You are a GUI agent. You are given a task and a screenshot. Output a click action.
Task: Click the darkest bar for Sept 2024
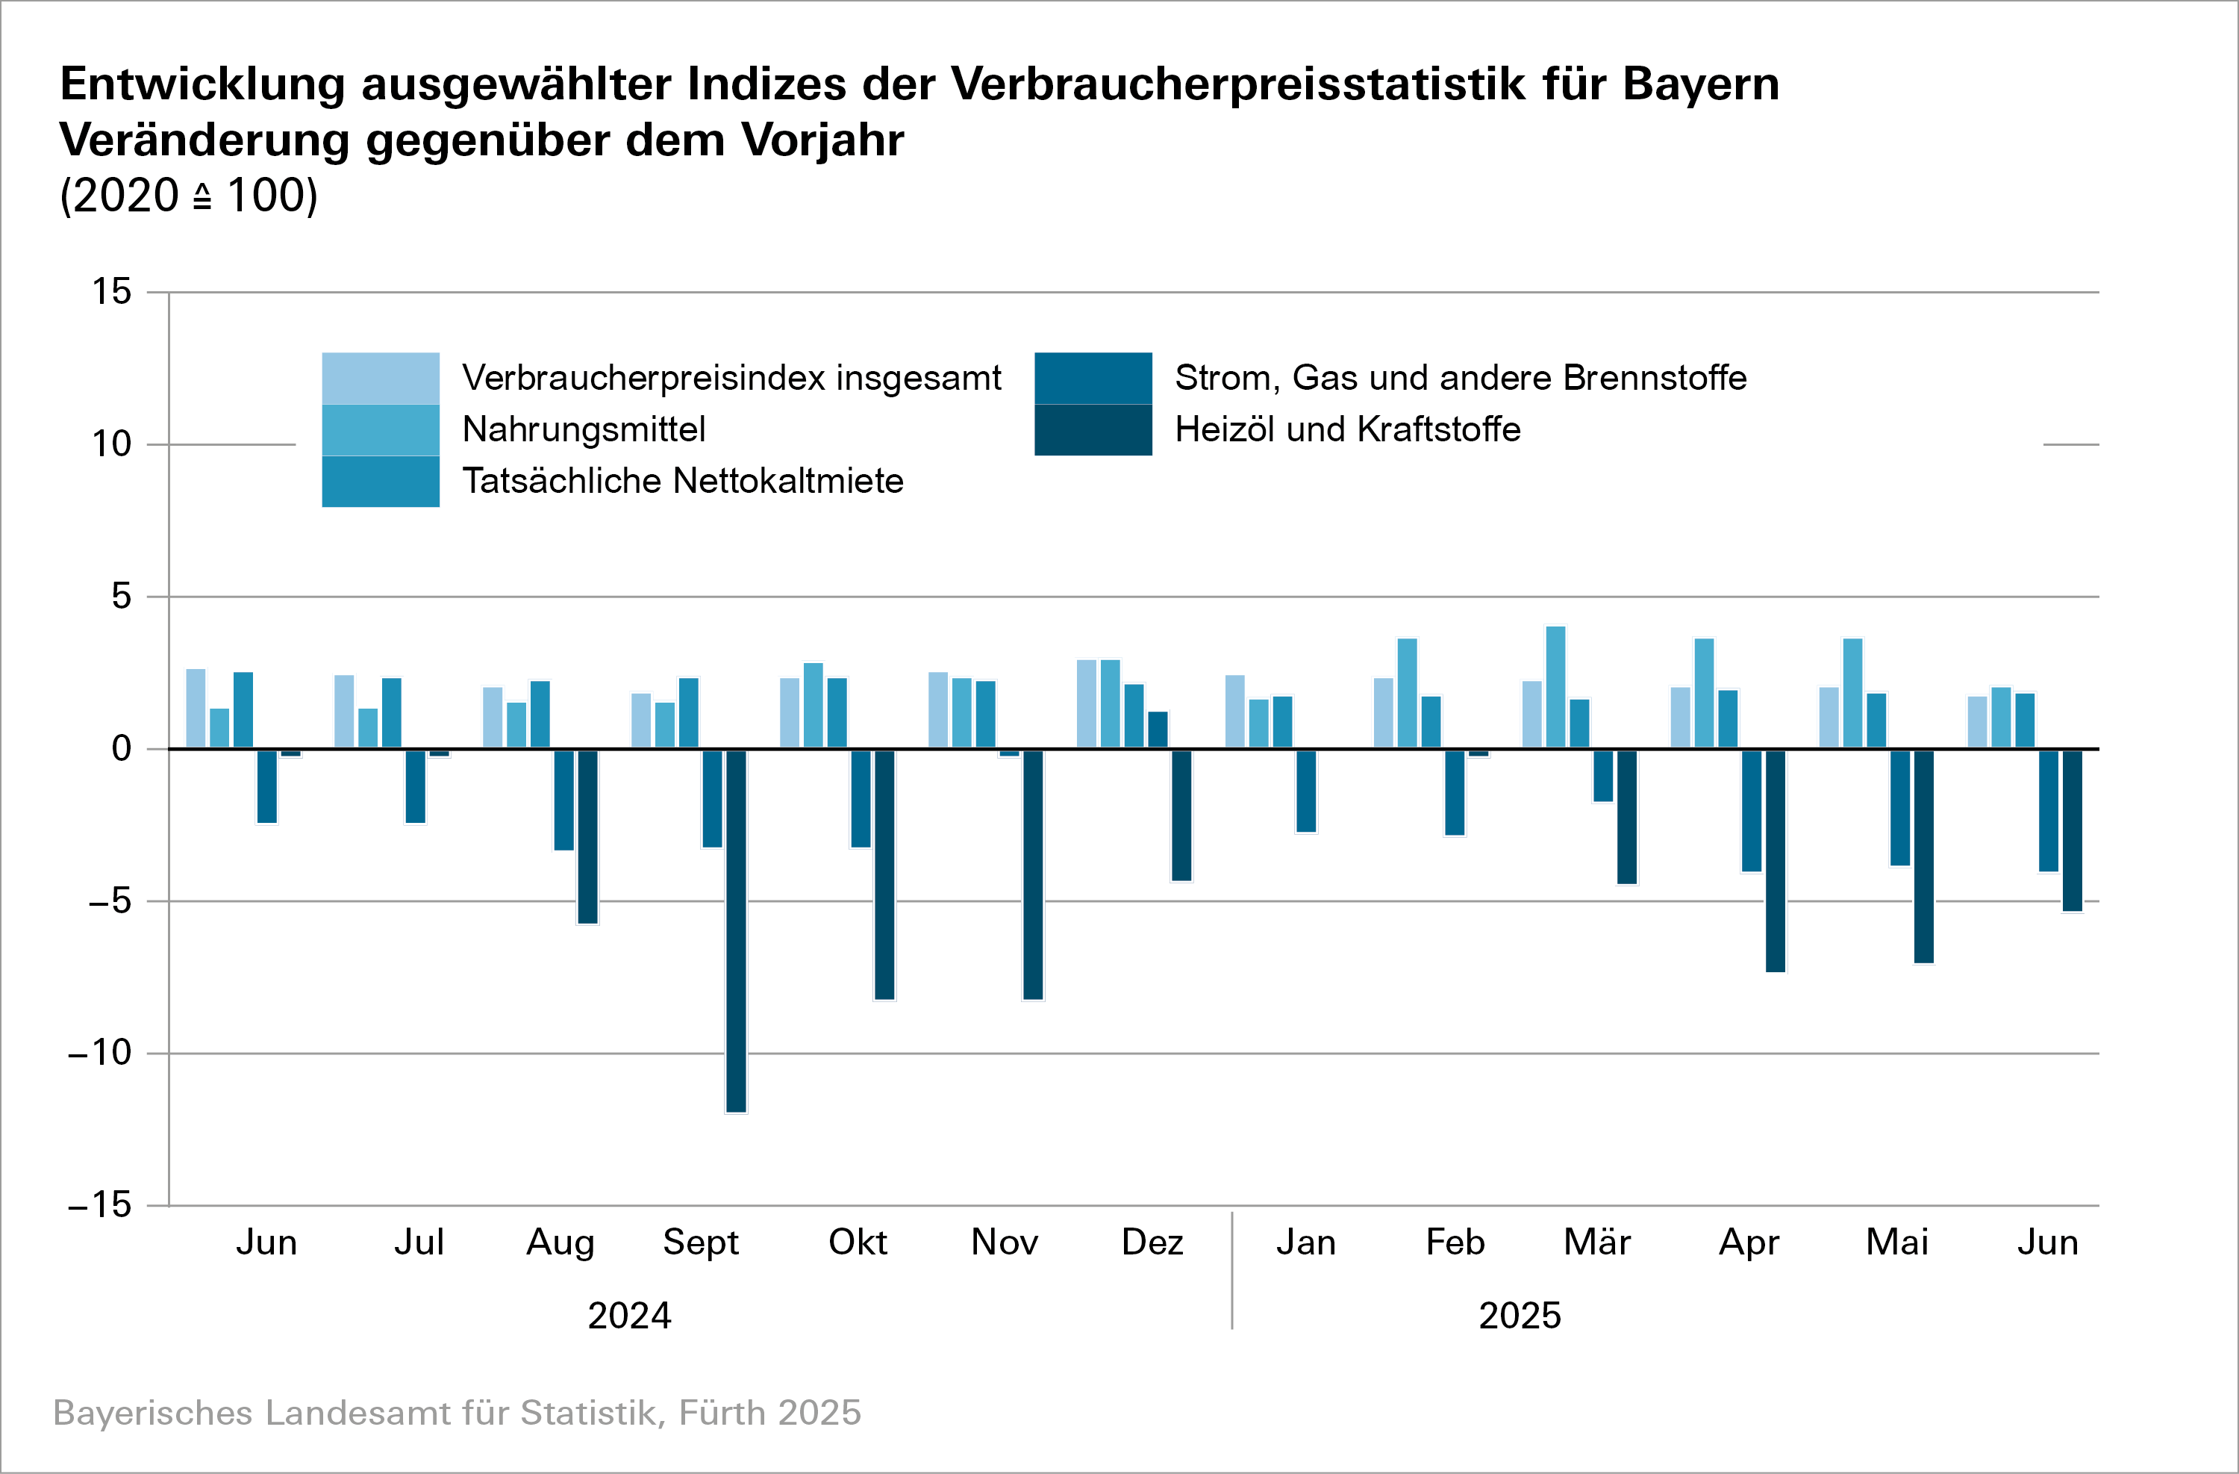point(736,930)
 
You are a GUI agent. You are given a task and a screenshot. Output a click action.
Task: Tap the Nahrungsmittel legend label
point(584,429)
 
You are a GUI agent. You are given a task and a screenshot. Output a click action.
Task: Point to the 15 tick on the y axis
point(112,292)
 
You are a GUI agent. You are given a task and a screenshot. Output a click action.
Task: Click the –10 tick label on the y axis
point(100,1052)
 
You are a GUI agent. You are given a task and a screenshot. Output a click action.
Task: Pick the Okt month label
point(857,1243)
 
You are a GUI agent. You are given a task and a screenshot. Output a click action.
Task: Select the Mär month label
point(1596,1243)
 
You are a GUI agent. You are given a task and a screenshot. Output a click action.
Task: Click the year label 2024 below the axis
point(629,1315)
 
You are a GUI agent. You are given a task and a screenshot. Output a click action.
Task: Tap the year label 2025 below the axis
point(1520,1315)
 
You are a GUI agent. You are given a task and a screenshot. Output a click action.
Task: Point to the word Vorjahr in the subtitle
point(822,140)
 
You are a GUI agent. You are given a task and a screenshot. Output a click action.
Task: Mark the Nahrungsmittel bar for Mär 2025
point(1555,687)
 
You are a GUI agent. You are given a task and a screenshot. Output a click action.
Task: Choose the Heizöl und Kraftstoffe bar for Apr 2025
point(1776,860)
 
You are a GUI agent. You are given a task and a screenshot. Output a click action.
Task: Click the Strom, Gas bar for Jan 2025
point(1306,791)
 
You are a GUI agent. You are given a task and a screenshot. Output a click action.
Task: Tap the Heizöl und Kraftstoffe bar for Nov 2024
point(1033,874)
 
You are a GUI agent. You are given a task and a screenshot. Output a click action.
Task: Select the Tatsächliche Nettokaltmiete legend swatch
point(380,482)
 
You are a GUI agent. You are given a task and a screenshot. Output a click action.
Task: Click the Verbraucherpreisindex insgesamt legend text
point(731,377)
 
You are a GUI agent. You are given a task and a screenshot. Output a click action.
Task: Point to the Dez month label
point(1152,1243)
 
